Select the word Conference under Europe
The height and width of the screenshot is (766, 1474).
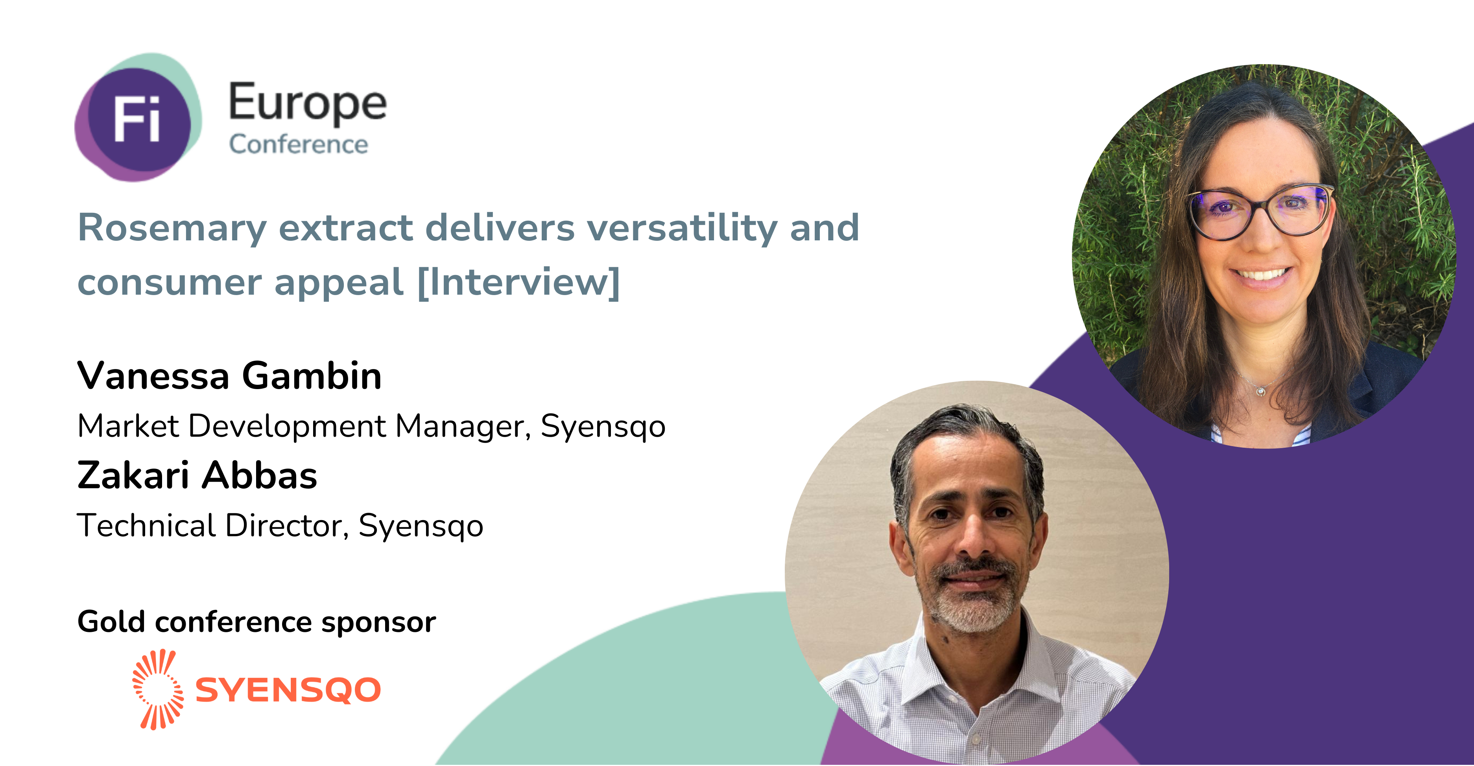click(299, 144)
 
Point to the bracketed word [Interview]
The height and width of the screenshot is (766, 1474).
click(519, 282)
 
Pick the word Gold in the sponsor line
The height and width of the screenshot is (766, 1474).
click(111, 622)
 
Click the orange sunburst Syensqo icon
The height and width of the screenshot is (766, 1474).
click(158, 689)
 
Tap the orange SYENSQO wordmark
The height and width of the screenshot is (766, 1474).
click(288, 690)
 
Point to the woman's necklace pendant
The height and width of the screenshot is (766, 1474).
click(1260, 391)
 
